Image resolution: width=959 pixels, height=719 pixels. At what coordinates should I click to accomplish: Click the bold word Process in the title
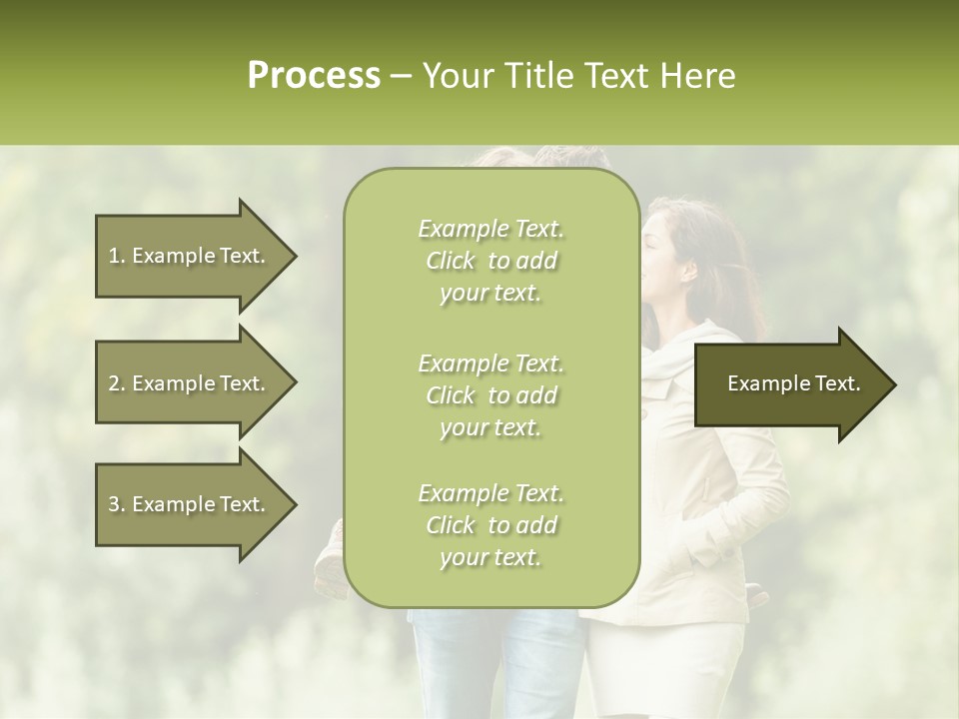click(x=314, y=76)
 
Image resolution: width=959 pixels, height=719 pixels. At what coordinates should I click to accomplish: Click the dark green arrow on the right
click(x=789, y=383)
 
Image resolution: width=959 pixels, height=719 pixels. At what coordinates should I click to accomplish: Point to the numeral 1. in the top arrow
click(x=117, y=256)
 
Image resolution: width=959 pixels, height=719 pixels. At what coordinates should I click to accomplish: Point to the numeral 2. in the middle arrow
click(x=117, y=383)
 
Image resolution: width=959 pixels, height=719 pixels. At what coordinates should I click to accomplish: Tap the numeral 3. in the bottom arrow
click(x=117, y=504)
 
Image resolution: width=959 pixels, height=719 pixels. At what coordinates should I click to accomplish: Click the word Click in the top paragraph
click(x=451, y=262)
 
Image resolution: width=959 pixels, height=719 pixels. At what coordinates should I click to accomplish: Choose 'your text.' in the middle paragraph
click(x=490, y=427)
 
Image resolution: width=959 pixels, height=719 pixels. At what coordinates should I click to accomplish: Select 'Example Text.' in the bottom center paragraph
click(x=490, y=493)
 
